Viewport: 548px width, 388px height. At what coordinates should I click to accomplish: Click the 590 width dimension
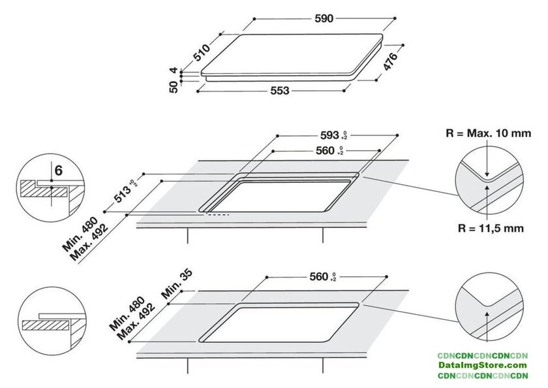tap(324, 18)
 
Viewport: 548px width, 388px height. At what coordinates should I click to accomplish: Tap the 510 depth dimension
tap(202, 52)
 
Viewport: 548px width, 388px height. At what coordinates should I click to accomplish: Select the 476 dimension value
tap(390, 61)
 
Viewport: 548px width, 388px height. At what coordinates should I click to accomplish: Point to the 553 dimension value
tap(280, 91)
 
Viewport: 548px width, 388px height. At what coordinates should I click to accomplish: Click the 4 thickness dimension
tap(174, 71)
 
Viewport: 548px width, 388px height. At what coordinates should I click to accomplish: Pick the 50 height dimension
tap(174, 87)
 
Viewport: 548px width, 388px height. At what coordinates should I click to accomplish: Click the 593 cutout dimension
tap(333, 135)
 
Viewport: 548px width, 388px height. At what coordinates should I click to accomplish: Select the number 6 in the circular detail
tap(58, 170)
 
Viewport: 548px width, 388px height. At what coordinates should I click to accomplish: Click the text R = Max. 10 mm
tap(488, 133)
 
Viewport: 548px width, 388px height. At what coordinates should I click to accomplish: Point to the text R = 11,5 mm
tap(491, 229)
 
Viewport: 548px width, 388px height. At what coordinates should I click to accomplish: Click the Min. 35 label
tap(177, 283)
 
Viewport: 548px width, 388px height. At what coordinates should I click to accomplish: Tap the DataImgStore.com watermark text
tap(483, 366)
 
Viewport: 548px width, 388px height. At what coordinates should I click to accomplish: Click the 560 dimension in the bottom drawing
tap(322, 277)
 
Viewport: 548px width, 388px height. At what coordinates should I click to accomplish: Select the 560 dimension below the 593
tap(329, 150)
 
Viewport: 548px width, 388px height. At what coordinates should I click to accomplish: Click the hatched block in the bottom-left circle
tap(46, 325)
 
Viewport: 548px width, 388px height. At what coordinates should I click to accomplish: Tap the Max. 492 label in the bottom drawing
tap(136, 321)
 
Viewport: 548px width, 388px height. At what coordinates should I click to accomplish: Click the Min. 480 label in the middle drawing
tap(80, 234)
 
